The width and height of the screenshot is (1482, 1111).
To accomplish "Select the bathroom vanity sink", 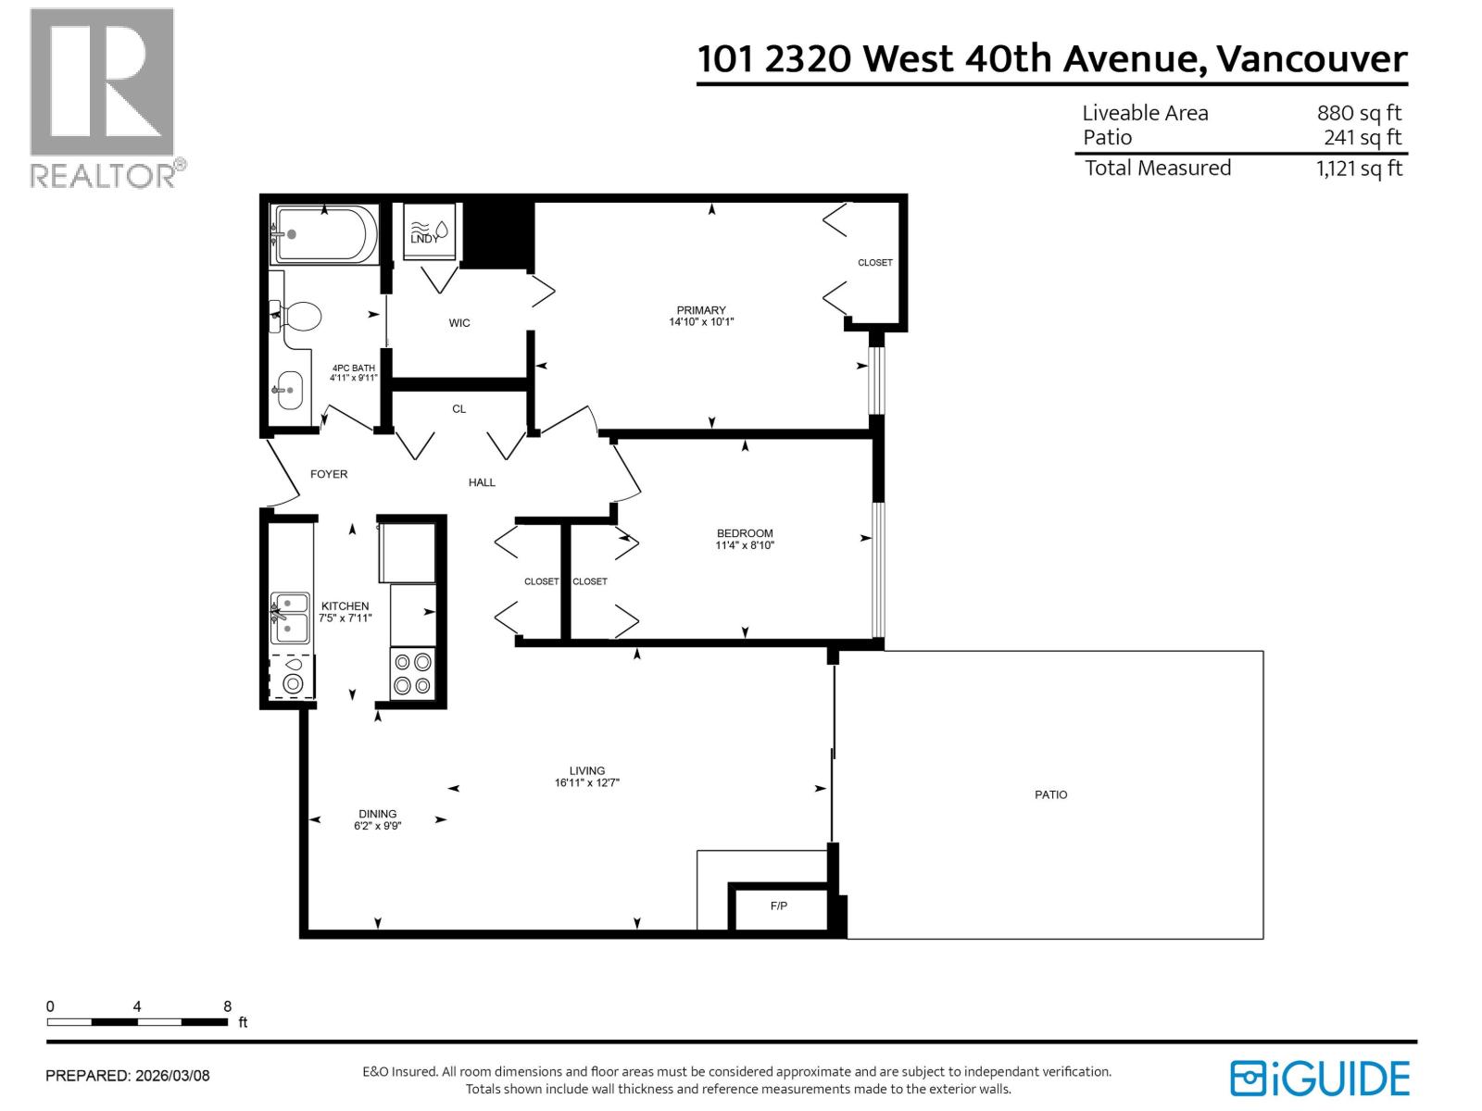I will coord(288,390).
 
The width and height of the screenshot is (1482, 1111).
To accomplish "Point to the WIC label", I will coord(459,323).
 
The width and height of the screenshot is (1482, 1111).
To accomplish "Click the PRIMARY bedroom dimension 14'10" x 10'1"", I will coord(701,322).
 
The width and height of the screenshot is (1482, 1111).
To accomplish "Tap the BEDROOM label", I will coord(745,533).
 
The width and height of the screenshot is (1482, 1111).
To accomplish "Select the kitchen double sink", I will coord(290,618).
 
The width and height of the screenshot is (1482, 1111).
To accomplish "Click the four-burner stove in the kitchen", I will coord(413,674).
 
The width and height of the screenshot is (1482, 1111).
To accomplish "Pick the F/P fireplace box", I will coord(779,906).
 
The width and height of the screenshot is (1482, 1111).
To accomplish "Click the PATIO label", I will coord(1050,794).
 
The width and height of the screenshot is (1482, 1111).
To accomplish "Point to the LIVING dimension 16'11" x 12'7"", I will coord(587,783).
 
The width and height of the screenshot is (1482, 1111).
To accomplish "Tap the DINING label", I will coord(378,814).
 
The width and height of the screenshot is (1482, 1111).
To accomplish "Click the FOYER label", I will coord(329,474).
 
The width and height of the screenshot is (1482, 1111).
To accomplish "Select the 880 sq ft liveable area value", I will coord(1359,113).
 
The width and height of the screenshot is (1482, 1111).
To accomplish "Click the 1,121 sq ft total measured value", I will coord(1359,169).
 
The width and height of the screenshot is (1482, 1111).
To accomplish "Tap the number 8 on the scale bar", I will coord(228,1006).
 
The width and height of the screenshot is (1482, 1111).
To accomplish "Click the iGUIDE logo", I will coord(1320,1079).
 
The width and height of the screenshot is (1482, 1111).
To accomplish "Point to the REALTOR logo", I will coord(103,97).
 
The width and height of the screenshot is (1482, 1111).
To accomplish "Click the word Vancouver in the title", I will coord(1312,59).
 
